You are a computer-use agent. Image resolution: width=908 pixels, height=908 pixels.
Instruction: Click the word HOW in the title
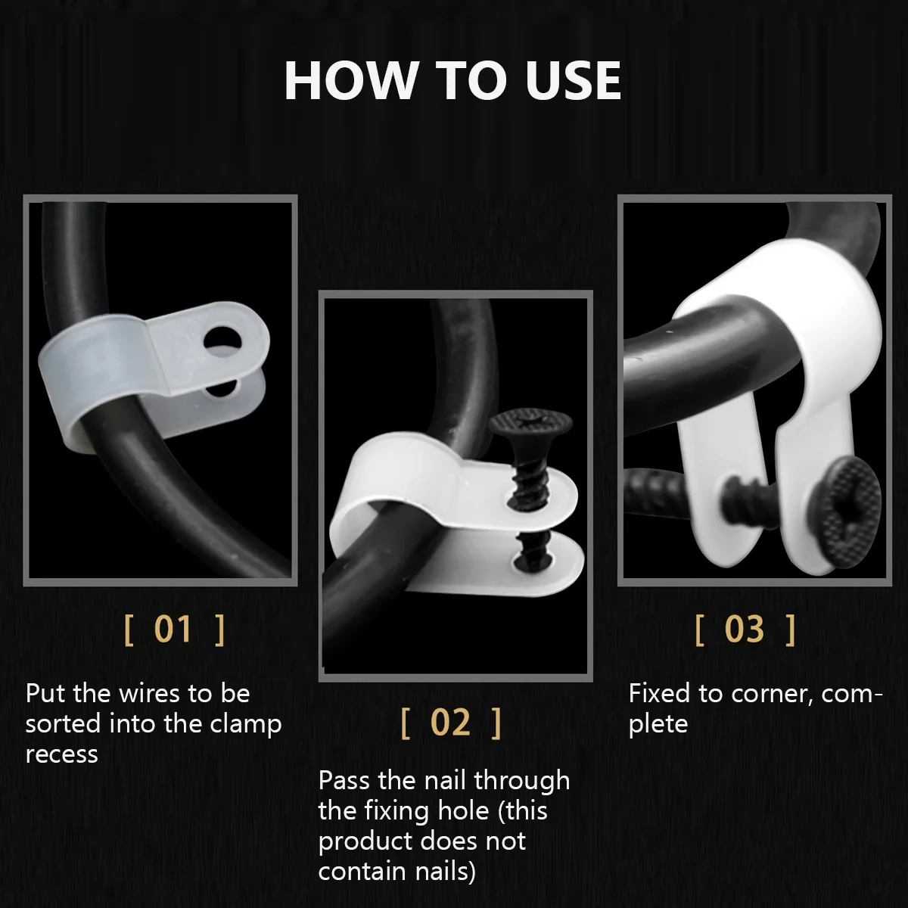(350, 80)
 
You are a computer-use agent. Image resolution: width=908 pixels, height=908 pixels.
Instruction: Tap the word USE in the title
(574, 80)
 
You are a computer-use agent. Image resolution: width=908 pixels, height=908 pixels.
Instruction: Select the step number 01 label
(173, 629)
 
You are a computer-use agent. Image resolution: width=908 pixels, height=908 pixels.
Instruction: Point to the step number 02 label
(450, 723)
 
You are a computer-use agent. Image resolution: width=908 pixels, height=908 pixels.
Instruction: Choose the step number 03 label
(745, 629)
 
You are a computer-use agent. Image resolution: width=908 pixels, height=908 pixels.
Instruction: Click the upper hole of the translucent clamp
(222, 339)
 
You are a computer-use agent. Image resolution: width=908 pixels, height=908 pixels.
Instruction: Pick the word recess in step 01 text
(62, 754)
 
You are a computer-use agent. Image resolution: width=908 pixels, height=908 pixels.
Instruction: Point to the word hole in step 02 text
(463, 811)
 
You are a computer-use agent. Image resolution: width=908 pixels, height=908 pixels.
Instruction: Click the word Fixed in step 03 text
(659, 693)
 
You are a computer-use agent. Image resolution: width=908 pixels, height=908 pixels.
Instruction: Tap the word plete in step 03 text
(658, 725)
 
